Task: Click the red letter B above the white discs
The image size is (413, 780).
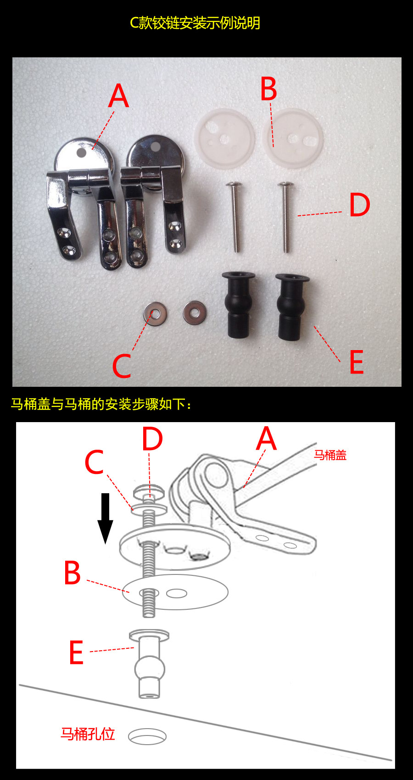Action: point(269,89)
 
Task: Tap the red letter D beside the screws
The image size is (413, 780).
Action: point(360,205)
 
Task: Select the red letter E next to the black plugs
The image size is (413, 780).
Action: point(357,362)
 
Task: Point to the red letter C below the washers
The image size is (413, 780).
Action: point(122,366)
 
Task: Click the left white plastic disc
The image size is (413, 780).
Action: point(224,138)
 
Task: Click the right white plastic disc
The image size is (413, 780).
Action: point(293,138)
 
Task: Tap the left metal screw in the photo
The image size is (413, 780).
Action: point(234,217)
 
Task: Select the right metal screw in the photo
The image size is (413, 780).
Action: point(286,217)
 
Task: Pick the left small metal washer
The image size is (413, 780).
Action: point(155,313)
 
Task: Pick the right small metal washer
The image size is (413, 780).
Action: point(195,313)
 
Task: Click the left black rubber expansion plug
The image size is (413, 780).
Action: point(239,305)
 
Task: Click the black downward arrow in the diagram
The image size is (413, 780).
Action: point(105,518)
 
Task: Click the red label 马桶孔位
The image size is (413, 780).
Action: point(88,734)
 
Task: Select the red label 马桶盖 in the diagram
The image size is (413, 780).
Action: point(330,455)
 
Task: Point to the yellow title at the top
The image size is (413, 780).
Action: point(195,23)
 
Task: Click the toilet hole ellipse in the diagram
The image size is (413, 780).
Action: point(147,736)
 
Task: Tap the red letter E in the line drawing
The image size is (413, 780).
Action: point(76,652)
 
